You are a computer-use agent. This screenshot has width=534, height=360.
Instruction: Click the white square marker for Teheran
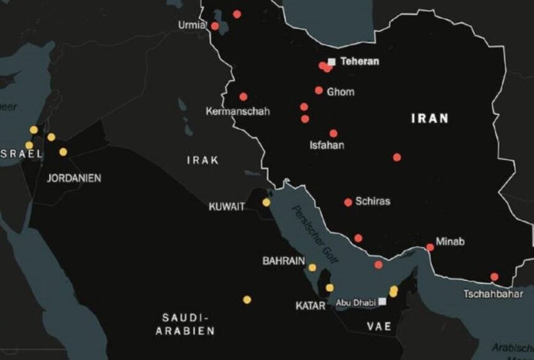click(x=332, y=61)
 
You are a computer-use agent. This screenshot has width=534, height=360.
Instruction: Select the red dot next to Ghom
click(x=319, y=91)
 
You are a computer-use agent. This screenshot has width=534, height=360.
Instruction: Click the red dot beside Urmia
click(x=215, y=26)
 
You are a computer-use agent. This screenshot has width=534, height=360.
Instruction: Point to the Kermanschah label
click(x=238, y=112)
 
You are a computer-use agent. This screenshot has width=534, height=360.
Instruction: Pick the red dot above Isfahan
click(x=333, y=133)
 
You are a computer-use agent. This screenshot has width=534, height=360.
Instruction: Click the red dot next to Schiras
click(x=348, y=202)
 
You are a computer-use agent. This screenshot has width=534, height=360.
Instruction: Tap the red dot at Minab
click(x=430, y=248)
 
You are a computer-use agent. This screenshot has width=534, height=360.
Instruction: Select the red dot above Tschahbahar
click(x=494, y=277)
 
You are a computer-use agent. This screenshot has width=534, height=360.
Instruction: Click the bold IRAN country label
click(x=430, y=119)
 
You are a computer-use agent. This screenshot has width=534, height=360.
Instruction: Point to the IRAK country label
click(x=202, y=160)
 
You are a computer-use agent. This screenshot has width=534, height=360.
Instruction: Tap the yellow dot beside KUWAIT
click(x=266, y=202)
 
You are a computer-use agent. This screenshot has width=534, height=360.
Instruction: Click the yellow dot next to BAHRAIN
click(x=312, y=268)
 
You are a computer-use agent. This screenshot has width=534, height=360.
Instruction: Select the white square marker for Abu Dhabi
click(x=382, y=302)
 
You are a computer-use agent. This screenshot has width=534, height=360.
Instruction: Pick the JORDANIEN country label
click(x=74, y=178)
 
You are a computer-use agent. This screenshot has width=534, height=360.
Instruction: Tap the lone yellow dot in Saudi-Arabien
click(x=247, y=300)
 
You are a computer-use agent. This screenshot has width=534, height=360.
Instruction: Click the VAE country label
click(x=379, y=326)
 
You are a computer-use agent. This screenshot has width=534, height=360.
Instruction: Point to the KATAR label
click(x=310, y=306)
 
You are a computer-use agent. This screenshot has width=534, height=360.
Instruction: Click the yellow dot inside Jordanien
click(x=63, y=152)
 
